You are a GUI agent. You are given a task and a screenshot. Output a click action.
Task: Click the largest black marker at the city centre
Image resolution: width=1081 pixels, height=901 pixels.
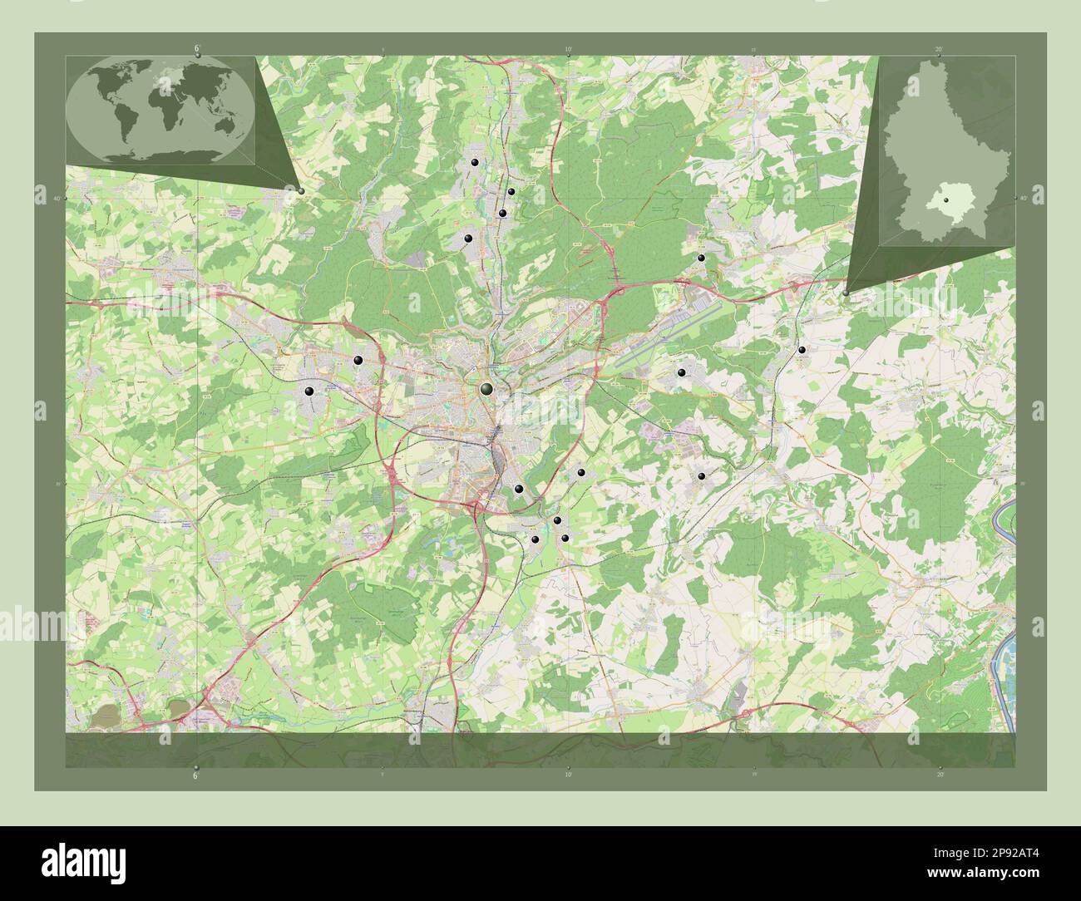pyautogui.click(x=486, y=388)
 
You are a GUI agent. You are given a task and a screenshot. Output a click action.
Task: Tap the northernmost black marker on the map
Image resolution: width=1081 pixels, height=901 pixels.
pyautogui.click(x=474, y=163)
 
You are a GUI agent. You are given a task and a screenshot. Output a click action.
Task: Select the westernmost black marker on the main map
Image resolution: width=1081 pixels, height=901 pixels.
pyautogui.click(x=309, y=391)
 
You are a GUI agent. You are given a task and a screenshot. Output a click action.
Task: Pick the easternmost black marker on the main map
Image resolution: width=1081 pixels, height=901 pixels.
pyautogui.click(x=802, y=350)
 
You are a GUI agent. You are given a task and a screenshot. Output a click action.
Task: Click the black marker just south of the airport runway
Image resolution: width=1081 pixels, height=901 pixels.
pyautogui.click(x=681, y=372)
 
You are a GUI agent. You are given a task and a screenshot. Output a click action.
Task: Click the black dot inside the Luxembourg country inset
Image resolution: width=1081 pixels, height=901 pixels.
pyautogui.click(x=945, y=199)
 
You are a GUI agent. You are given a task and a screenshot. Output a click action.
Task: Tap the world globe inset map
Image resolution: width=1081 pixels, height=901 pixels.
pyautogui.click(x=160, y=111)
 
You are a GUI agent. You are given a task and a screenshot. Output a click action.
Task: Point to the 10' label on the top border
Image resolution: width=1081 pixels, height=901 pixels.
pyautogui.click(x=568, y=49)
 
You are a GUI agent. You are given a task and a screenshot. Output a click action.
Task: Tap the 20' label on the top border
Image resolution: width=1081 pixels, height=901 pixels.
pyautogui.click(x=938, y=49)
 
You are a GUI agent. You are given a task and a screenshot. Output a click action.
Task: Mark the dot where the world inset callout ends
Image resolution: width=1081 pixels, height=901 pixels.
pyautogui.click(x=300, y=190)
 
